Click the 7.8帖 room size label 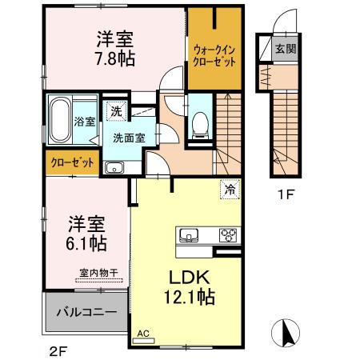[116, 58]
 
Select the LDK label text [188, 278]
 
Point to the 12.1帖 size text [190, 298]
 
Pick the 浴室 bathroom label [86, 122]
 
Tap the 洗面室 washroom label [128, 137]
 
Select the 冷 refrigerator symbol [230, 190]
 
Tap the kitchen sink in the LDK [190, 235]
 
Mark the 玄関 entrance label [286, 49]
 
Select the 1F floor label [286, 193]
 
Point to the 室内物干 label [98, 273]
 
